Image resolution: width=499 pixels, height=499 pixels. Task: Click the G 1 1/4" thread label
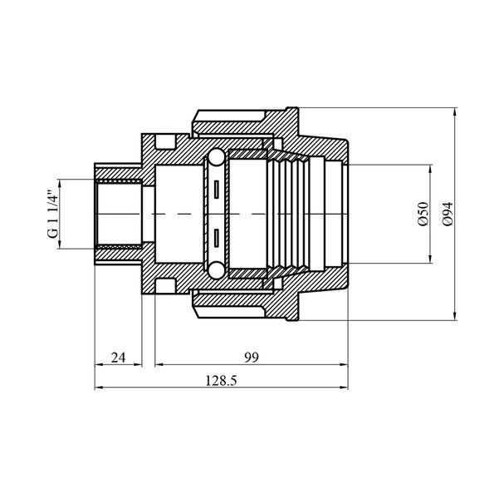click(x=53, y=214)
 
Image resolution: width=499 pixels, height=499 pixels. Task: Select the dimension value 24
click(x=119, y=358)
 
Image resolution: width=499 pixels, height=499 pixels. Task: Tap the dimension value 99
click(x=252, y=358)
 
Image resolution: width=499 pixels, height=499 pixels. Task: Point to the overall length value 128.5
click(x=221, y=381)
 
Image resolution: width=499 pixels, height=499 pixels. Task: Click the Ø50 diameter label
click(x=423, y=214)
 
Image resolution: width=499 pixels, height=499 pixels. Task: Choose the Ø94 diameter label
click(x=448, y=214)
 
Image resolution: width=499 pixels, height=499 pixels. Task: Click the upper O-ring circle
click(x=217, y=157)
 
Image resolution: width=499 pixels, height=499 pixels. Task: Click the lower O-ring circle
click(x=217, y=270)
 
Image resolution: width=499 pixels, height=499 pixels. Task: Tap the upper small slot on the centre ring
click(x=217, y=190)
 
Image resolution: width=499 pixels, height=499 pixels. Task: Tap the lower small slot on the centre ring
click(x=217, y=238)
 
